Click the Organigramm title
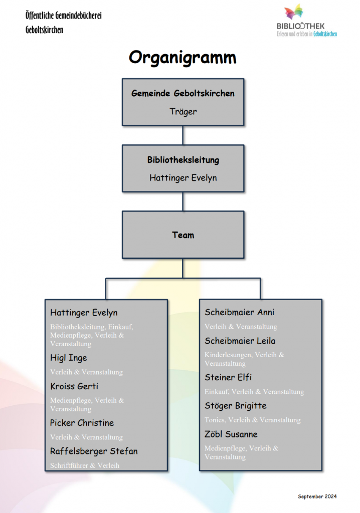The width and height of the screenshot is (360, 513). tap(183, 58)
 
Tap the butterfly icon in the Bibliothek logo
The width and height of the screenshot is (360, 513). tap(293, 12)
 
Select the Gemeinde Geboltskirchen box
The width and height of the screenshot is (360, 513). tap(183, 102)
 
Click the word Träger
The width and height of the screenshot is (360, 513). tap(183, 111)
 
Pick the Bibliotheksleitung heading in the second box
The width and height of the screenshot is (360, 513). tap(183, 160)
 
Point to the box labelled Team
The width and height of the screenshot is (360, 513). tap(183, 234)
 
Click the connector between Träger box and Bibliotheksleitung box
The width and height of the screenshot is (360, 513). tap(183, 135)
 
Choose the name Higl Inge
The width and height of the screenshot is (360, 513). tap(69, 358)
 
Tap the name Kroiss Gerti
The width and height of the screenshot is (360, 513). tap(74, 386)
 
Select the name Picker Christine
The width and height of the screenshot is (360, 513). tap(82, 423)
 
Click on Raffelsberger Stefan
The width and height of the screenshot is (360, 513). tap(94, 451)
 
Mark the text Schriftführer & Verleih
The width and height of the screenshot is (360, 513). tap(85, 465)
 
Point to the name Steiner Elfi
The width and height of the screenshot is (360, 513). tap(228, 377)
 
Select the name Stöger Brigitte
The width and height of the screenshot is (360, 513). tap(236, 405)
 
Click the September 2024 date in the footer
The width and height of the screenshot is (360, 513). tap(317, 496)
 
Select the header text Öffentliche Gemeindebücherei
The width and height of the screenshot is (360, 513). tap(64, 16)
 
